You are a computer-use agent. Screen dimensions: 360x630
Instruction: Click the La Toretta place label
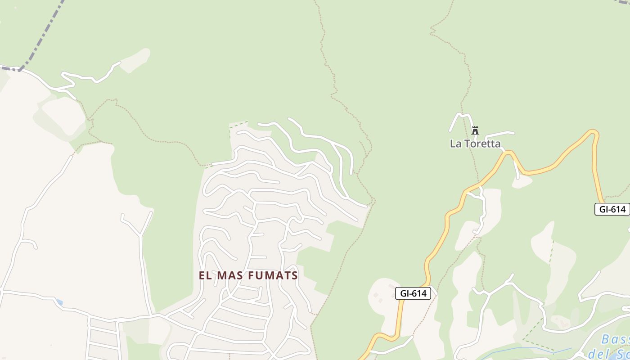[x=475, y=144]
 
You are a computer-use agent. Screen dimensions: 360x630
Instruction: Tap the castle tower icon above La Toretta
[x=475, y=130]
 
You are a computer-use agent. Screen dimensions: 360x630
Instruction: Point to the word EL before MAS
[x=205, y=275]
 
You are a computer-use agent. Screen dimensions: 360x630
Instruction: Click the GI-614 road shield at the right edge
[x=612, y=209]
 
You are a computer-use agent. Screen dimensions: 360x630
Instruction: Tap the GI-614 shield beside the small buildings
[x=414, y=293]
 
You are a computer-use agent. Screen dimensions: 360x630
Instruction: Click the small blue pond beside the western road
[x=59, y=302]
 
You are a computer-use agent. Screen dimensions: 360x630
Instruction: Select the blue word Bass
[x=615, y=339]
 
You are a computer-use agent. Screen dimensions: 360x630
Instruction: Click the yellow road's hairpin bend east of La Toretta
[x=594, y=132]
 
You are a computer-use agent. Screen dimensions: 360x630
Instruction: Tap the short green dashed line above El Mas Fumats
[x=238, y=125]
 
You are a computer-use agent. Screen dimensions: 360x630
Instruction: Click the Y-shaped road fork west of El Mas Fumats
[x=140, y=235]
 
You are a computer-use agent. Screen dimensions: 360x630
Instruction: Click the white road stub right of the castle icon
[x=499, y=134]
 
